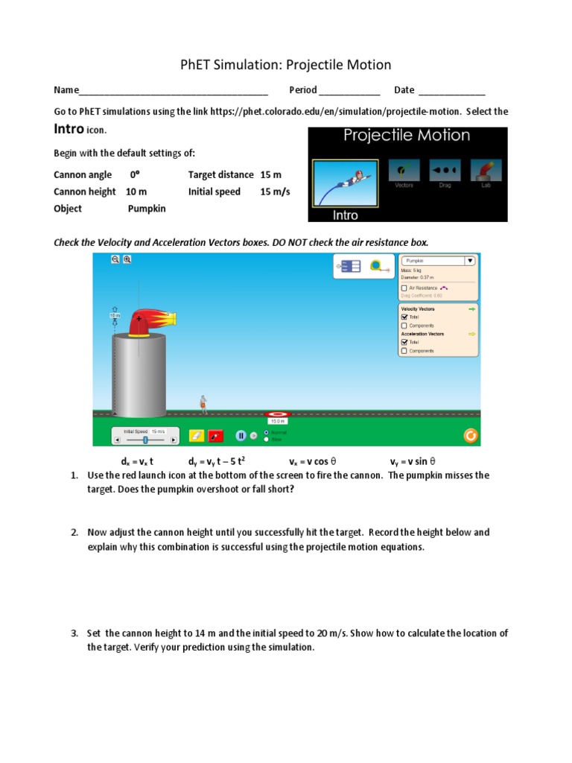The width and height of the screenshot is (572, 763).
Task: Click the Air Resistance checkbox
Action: click(404, 288)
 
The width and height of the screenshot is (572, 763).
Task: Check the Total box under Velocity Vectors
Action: click(404, 317)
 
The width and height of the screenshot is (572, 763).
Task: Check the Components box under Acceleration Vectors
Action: click(404, 350)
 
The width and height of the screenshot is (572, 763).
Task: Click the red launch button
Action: click(216, 436)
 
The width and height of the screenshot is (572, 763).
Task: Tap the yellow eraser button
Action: click(197, 436)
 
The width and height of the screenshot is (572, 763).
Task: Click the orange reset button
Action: click(470, 436)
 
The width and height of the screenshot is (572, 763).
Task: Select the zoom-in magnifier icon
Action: click(127, 259)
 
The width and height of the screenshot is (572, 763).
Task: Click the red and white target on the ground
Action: click(279, 413)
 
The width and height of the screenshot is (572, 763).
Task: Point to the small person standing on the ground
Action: click(203, 403)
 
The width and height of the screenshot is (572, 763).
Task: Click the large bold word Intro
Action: click(66, 129)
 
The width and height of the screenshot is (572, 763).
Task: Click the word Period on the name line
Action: click(302, 90)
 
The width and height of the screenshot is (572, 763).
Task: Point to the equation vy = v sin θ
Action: click(413, 461)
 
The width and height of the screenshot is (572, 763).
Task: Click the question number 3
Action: click(74, 633)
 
